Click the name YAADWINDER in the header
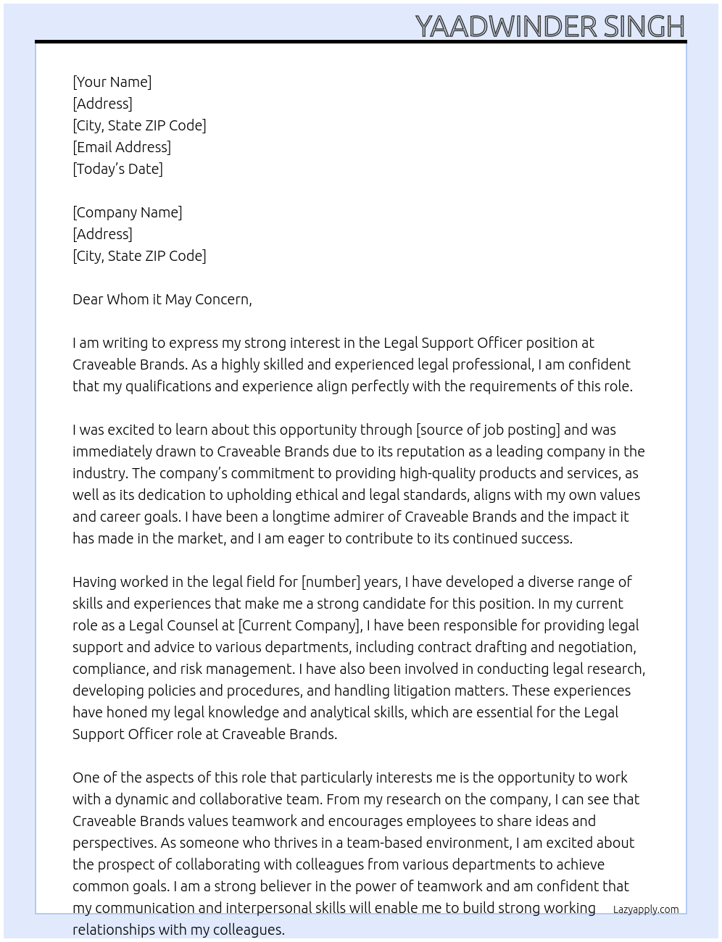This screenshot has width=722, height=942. [506, 27]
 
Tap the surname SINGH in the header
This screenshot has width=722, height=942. [644, 27]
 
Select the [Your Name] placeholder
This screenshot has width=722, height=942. [112, 82]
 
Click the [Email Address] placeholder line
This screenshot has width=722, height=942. [122, 147]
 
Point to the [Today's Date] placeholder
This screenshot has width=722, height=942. [117, 169]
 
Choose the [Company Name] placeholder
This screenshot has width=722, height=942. [128, 212]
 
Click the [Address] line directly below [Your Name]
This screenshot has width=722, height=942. [102, 104]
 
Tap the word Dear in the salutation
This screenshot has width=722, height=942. [88, 299]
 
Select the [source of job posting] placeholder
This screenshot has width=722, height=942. [488, 430]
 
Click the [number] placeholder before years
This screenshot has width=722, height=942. [331, 582]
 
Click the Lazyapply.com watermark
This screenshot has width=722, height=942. [646, 909]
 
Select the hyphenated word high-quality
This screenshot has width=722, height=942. [431, 473]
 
